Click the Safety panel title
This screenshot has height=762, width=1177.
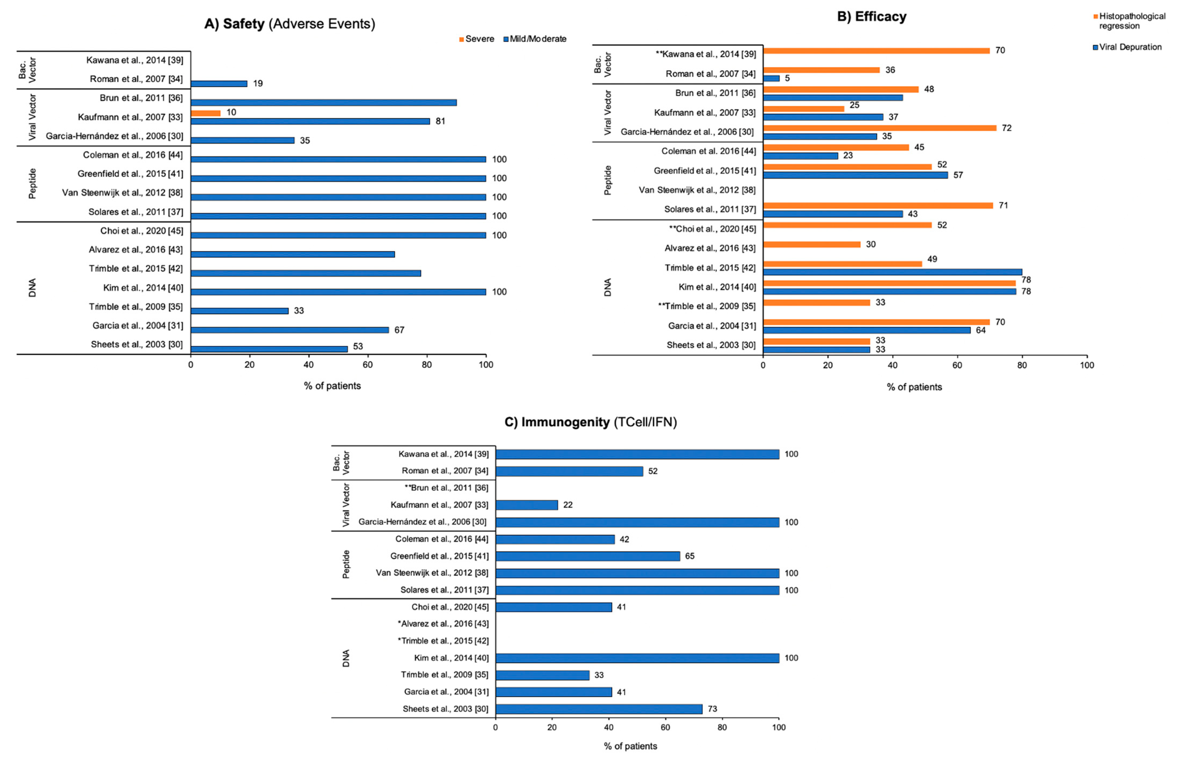click(290, 24)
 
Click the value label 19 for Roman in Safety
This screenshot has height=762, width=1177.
click(258, 83)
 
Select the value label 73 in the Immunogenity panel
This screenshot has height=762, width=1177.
click(712, 709)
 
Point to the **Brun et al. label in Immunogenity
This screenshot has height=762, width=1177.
click(446, 488)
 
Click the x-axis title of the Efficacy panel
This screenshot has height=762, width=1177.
click(914, 387)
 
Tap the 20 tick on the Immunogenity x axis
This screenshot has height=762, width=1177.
click(552, 727)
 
